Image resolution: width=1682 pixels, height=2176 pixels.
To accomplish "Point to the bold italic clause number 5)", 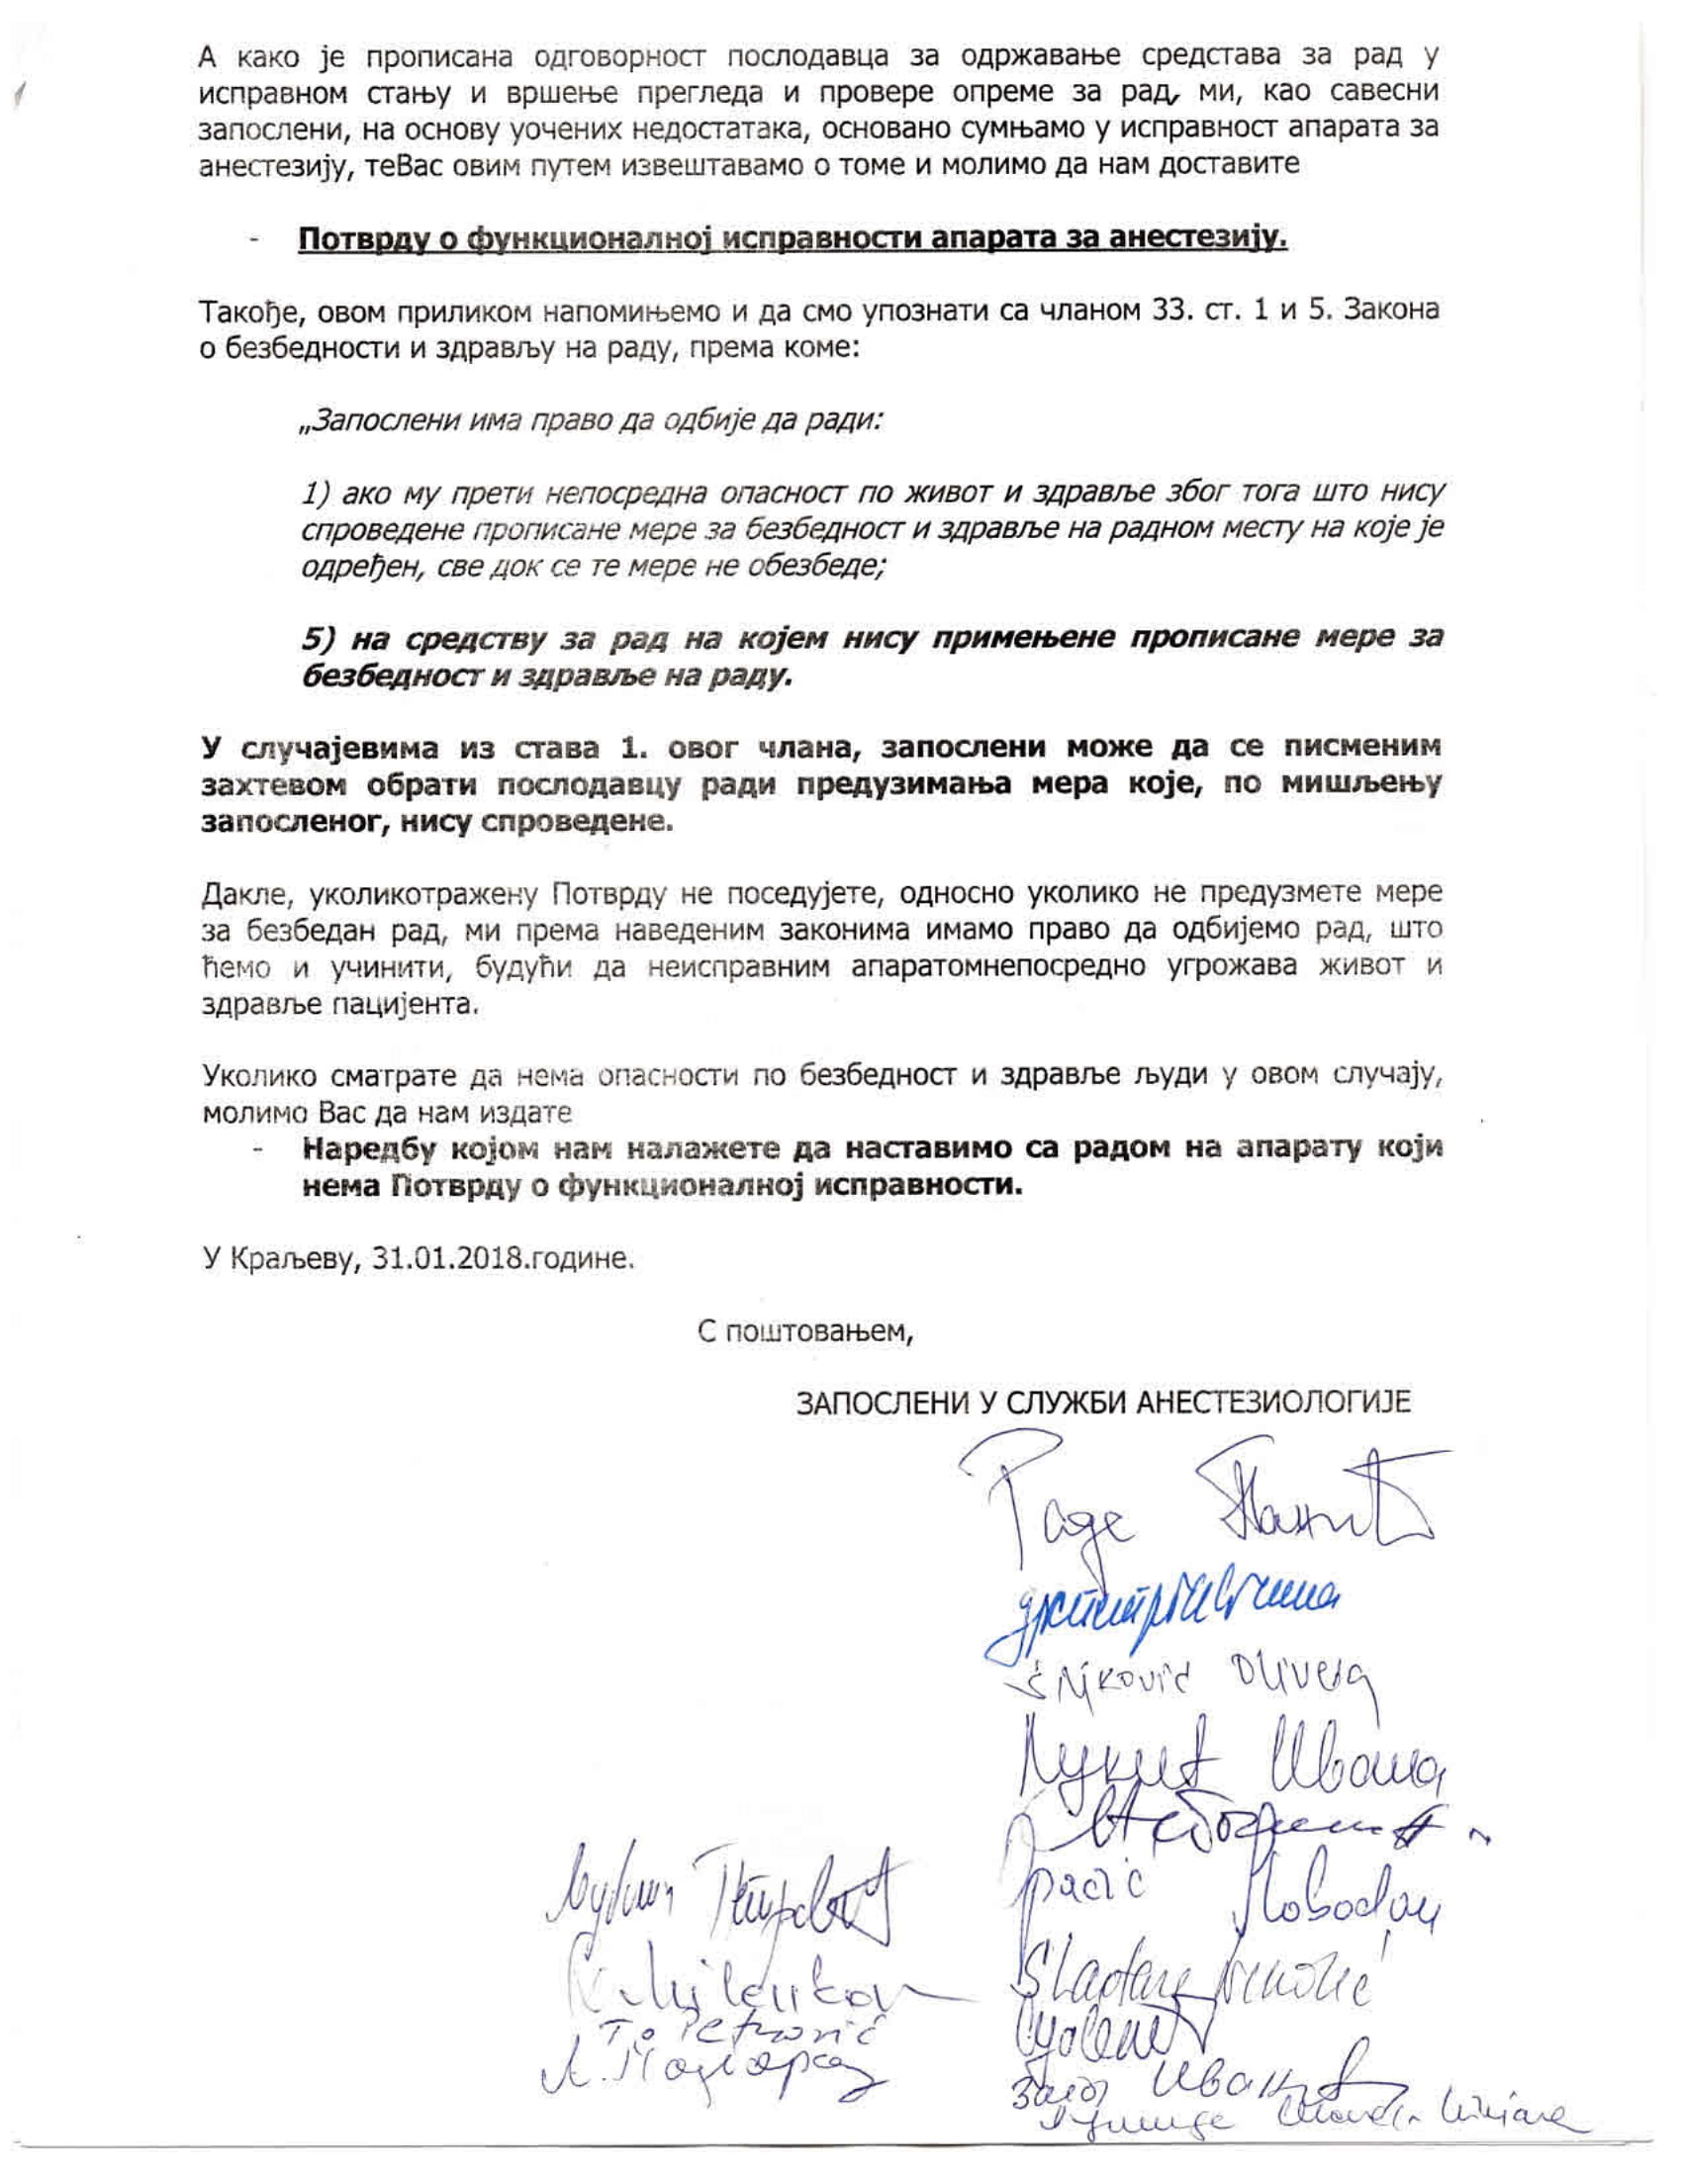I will tap(321, 638).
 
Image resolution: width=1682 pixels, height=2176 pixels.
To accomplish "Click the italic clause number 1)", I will tap(319, 494).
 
